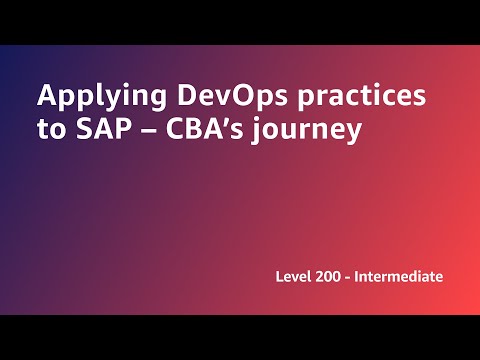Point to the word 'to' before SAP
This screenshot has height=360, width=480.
(50, 131)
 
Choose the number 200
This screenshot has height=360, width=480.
(333, 275)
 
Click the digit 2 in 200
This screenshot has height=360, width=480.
(324, 275)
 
